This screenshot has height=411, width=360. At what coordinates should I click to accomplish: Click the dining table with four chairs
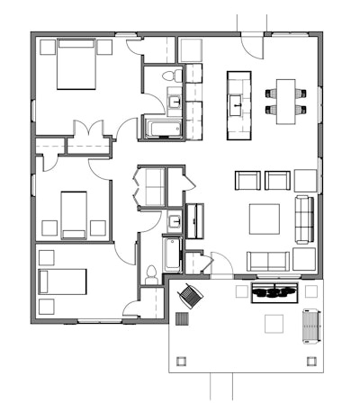point(286,99)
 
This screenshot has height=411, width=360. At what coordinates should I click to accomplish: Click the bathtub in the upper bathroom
point(163,127)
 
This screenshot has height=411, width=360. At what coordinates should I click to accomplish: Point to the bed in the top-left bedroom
point(76,65)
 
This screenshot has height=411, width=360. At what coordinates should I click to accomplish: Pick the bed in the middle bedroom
point(73,214)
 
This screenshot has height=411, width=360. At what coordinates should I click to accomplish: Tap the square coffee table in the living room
point(265,218)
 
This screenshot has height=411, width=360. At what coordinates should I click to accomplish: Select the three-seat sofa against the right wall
point(304,219)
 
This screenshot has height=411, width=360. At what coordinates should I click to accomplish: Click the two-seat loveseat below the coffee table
point(269,261)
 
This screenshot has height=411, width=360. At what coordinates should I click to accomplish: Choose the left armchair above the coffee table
point(247,180)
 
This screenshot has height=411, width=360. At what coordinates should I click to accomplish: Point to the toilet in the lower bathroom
point(151,273)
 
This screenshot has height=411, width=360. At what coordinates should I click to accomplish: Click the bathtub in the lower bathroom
point(172,256)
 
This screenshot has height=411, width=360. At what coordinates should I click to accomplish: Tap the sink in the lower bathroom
point(174,219)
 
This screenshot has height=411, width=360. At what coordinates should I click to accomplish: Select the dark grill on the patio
point(274,290)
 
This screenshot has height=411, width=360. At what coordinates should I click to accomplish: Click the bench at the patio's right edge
point(310,326)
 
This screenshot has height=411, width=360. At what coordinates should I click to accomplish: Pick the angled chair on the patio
point(191,294)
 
